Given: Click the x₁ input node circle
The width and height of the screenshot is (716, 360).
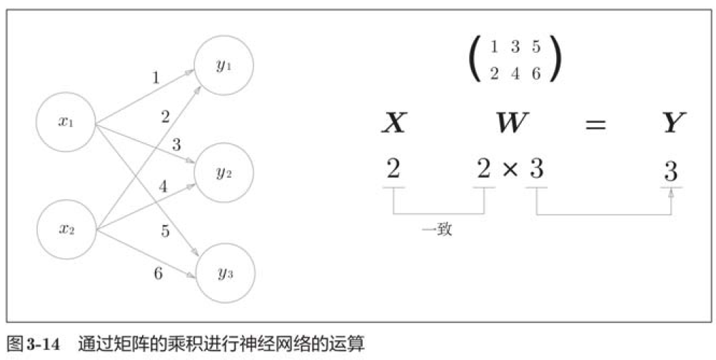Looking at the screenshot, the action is click(66, 122).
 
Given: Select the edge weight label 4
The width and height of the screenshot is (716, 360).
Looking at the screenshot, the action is click(163, 188).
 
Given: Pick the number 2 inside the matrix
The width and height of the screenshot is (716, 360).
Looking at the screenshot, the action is click(494, 74).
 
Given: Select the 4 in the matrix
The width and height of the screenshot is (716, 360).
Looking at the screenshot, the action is click(515, 74).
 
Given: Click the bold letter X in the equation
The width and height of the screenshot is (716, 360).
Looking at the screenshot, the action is click(393, 124).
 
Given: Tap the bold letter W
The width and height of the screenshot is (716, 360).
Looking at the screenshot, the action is click(512, 124).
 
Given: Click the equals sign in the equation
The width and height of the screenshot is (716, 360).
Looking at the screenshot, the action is click(595, 125).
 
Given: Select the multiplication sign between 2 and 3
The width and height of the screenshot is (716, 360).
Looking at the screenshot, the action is click(510, 171).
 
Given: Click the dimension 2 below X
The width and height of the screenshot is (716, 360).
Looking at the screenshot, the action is click(393, 171).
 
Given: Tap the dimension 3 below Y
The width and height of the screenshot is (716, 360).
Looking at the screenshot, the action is click(670, 171).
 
